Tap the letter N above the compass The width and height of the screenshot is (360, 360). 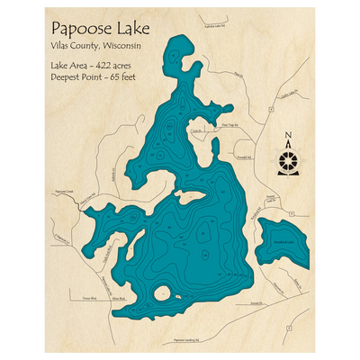click(x=287, y=138)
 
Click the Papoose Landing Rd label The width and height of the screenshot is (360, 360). click(x=190, y=341)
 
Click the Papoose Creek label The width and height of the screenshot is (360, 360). click(x=62, y=191)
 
